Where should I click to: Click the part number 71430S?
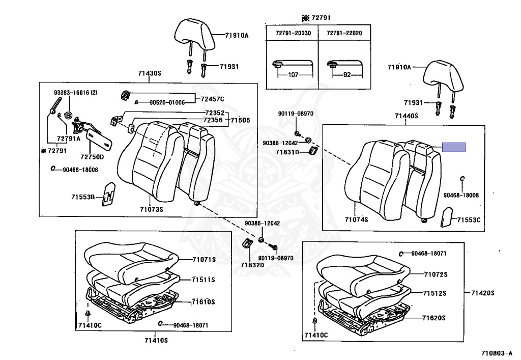tap(149, 74)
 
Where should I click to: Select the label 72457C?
tap(212, 99)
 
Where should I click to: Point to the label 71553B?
tap(83, 196)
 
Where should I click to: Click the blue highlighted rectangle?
tap(453, 148)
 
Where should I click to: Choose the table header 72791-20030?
tap(293, 33)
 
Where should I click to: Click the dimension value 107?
tap(293, 74)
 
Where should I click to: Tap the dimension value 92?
tap(345, 74)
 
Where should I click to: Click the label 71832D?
tap(252, 265)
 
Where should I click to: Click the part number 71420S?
tap(483, 293)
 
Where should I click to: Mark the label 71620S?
tap(433, 318)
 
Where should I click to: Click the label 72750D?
tap(92, 157)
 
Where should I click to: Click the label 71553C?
tap(469, 220)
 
